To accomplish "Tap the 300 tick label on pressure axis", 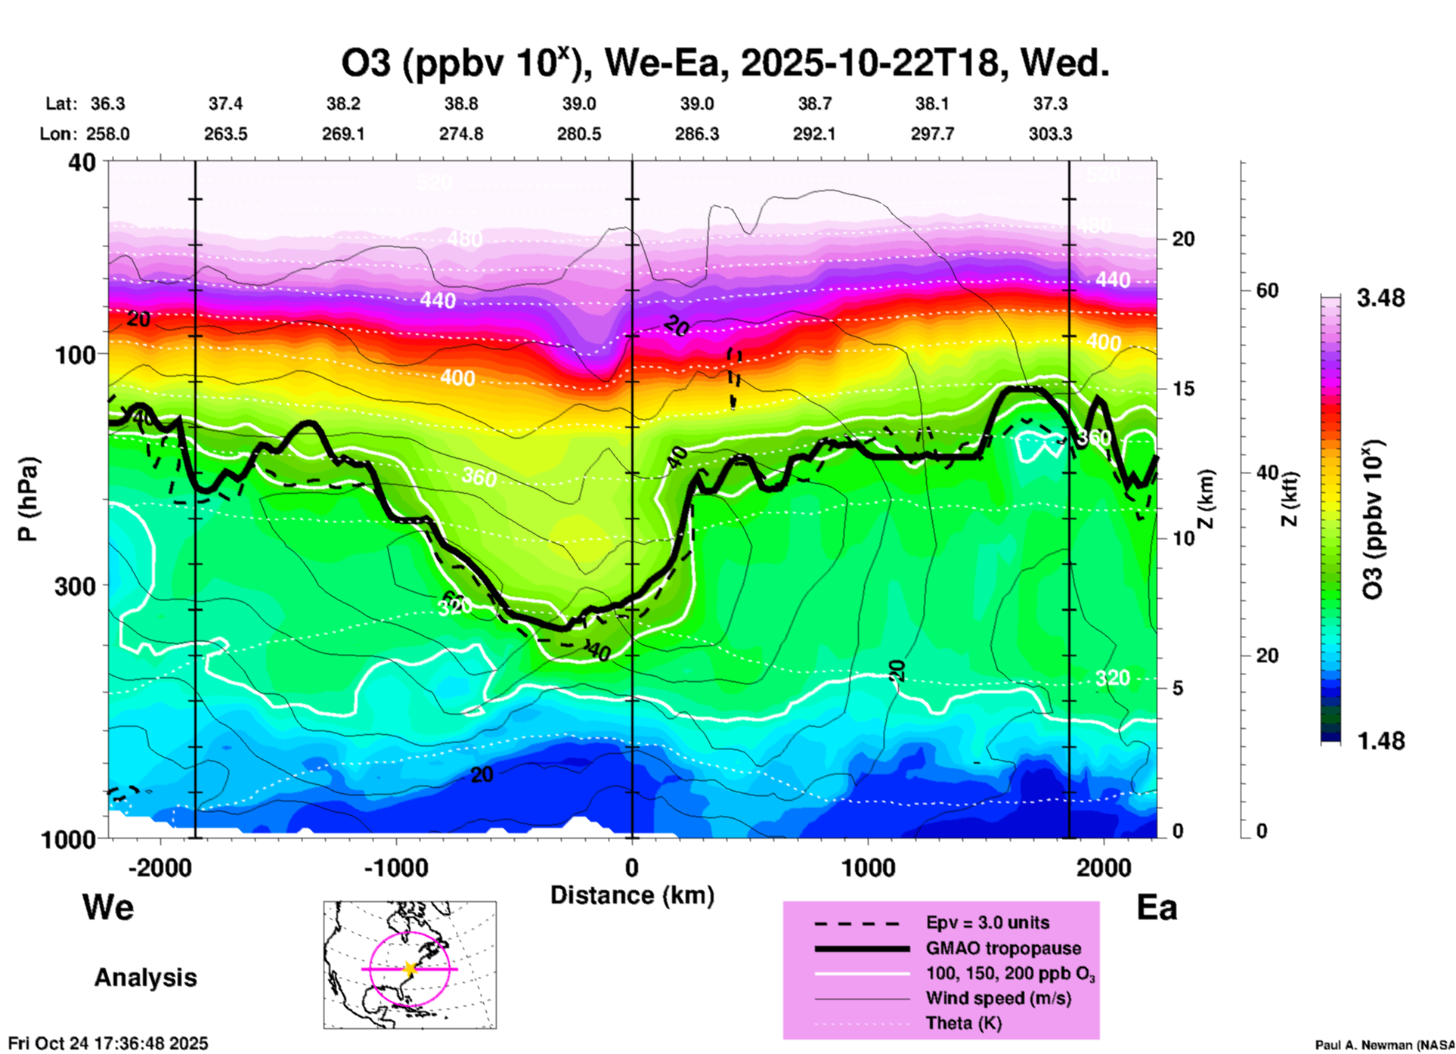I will click(x=75, y=586).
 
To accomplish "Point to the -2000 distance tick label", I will click(x=160, y=868).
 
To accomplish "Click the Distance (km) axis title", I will click(x=632, y=895).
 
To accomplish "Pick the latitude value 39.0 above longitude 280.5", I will click(x=578, y=104).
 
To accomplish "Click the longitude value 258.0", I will click(x=108, y=135).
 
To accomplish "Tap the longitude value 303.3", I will click(x=1050, y=135).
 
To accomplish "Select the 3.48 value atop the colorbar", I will click(x=1380, y=299).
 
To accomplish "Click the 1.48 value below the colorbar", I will click(x=1380, y=741).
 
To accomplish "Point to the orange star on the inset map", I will click(x=410, y=969).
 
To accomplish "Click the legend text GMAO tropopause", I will click(x=1003, y=948).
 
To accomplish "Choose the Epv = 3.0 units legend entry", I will click(x=987, y=923).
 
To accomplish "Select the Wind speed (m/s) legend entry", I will click(x=998, y=999).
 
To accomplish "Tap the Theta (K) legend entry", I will click(x=963, y=1024).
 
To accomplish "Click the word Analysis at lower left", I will click(x=145, y=978).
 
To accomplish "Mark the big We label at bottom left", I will click(x=108, y=907).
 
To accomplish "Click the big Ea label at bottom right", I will click(x=1157, y=908).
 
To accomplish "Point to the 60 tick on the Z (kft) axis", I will click(x=1267, y=291).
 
